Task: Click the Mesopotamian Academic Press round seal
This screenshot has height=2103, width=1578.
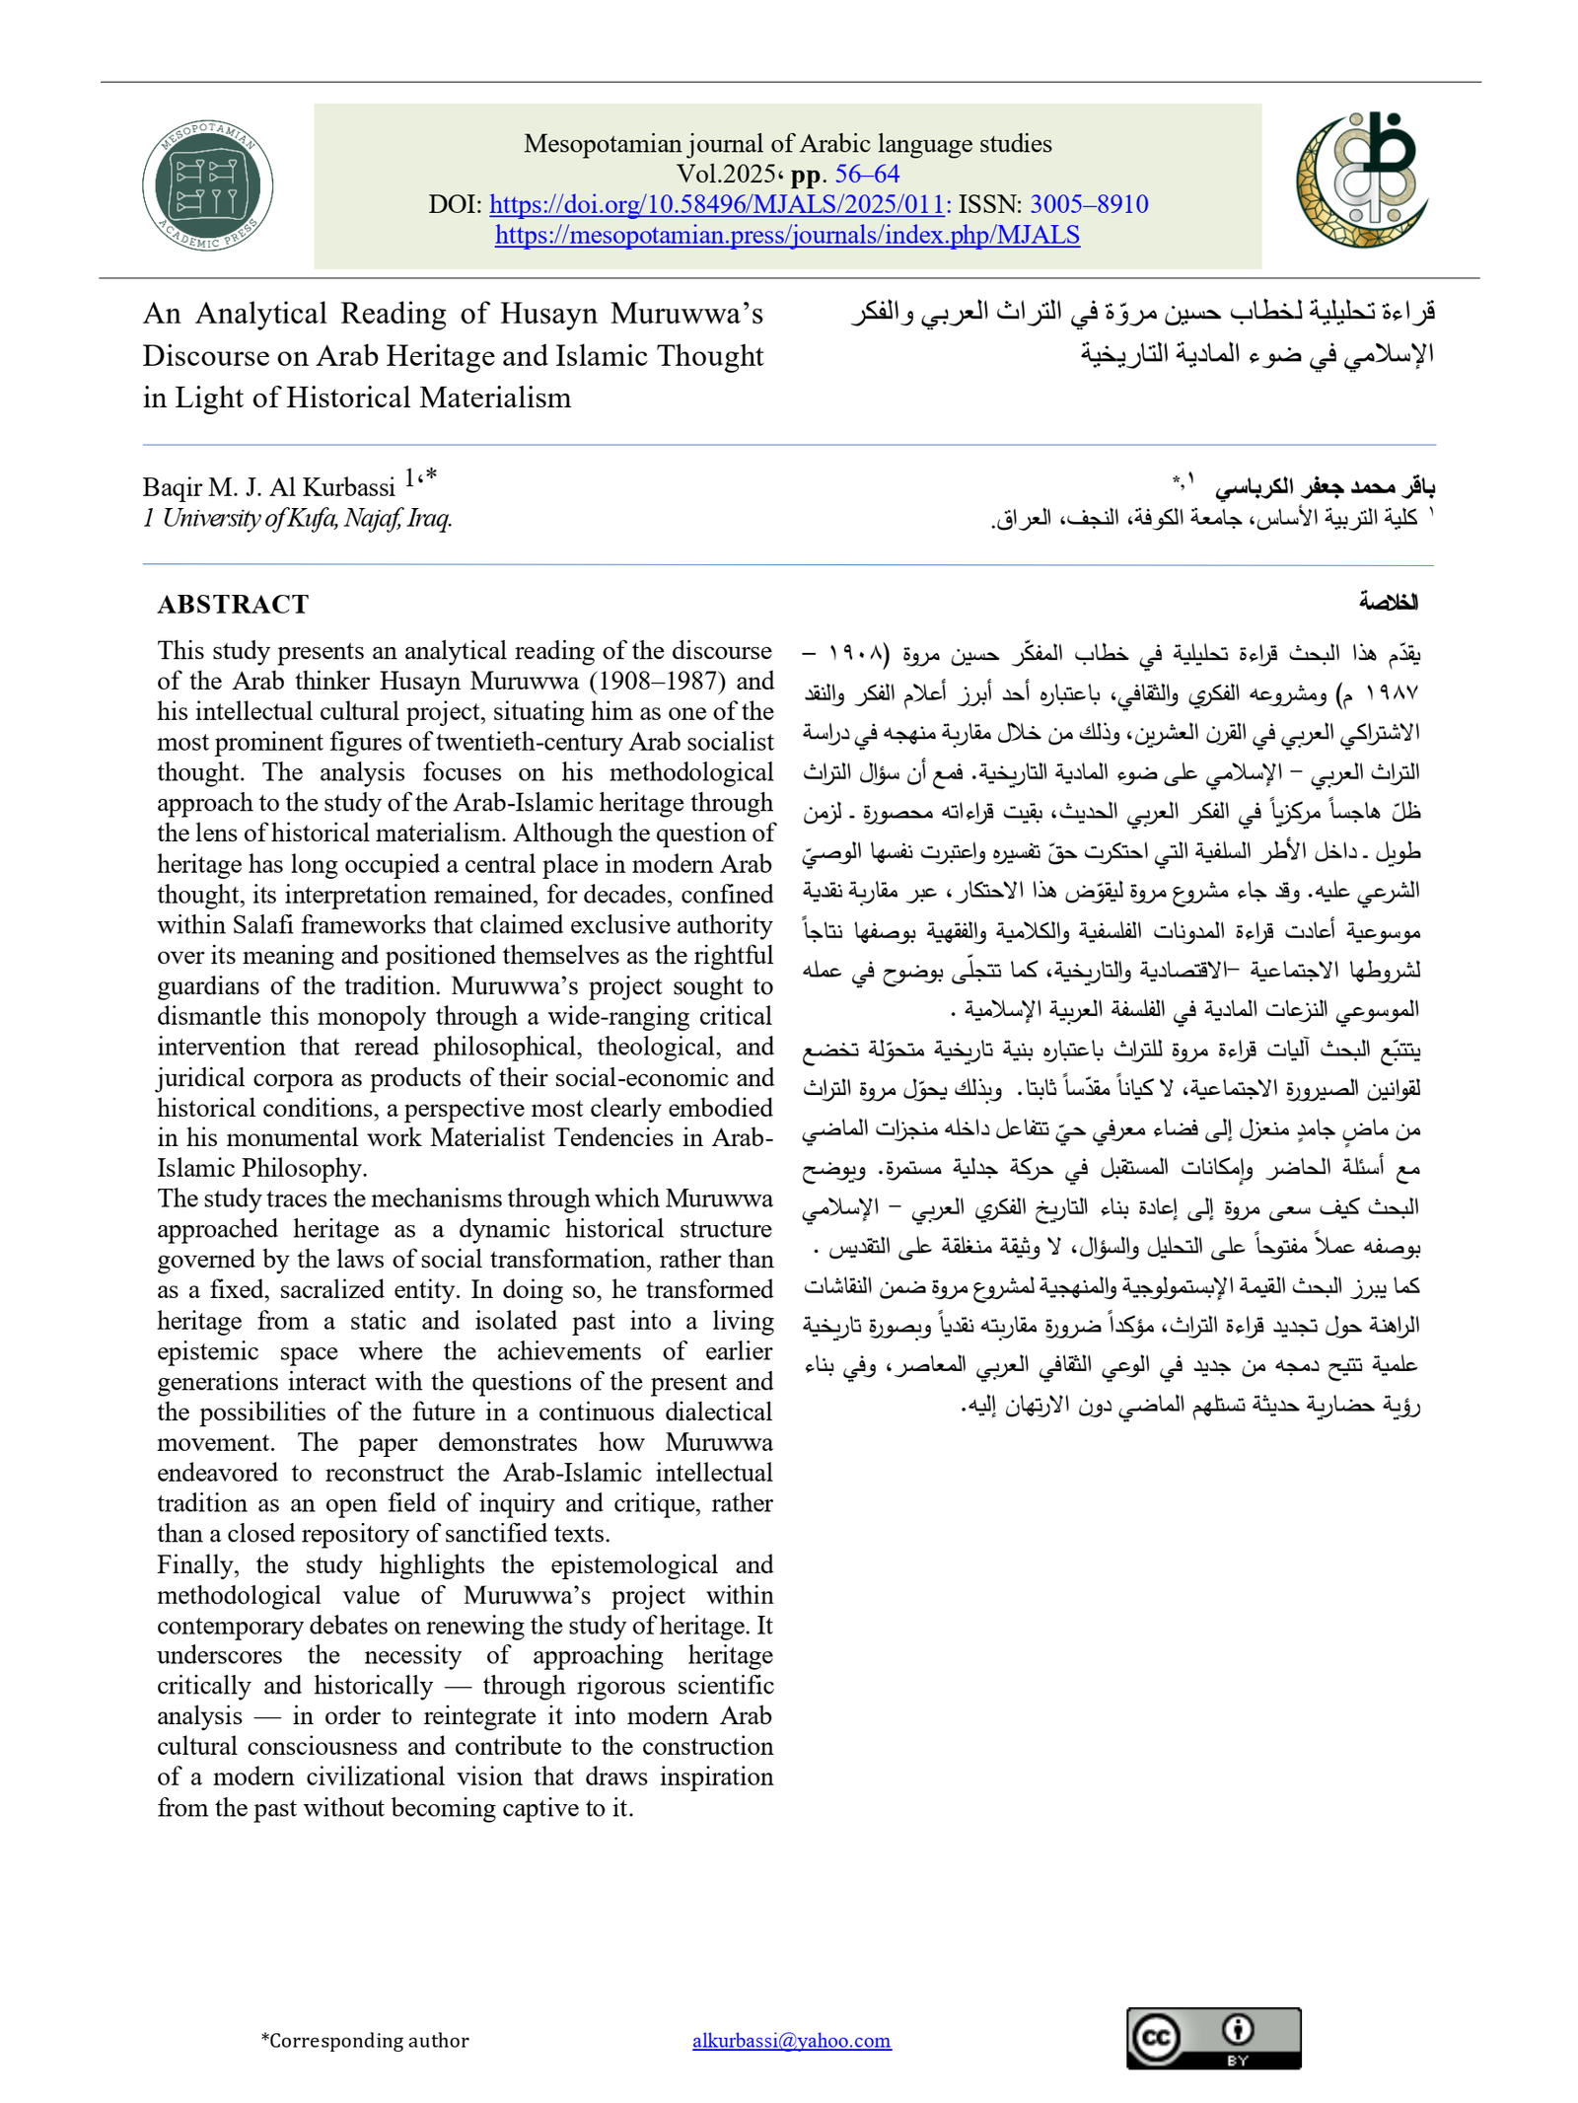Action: (207, 185)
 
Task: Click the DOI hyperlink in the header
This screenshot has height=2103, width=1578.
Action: (717, 204)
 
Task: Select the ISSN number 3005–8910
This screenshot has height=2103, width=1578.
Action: (1089, 204)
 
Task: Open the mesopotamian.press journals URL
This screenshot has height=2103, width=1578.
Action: (787, 235)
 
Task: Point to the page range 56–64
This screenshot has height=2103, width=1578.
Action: (867, 174)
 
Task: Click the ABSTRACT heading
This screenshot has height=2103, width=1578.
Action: (233, 604)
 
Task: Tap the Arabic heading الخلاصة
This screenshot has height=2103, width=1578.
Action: (1388, 602)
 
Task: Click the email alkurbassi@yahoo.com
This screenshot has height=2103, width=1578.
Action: (791, 2040)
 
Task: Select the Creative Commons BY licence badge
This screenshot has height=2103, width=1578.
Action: (1213, 2038)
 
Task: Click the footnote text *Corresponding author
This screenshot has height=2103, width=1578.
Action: (365, 2040)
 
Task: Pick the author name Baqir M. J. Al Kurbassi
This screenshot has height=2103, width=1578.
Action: (268, 487)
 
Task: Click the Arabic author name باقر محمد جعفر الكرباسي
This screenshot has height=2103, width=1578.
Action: (1325, 486)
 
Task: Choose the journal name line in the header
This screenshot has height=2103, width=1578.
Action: (787, 143)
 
